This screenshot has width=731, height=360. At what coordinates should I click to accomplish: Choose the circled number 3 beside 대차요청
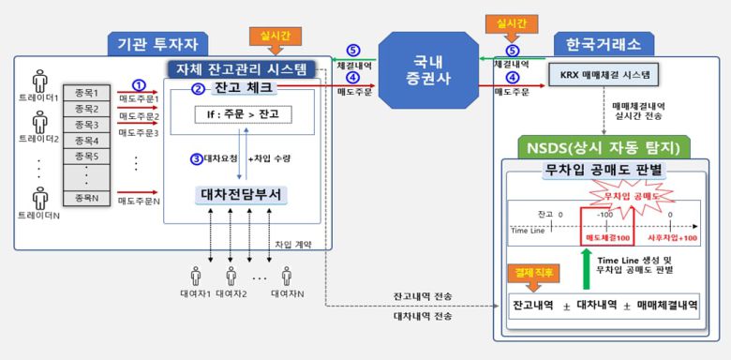point(196,159)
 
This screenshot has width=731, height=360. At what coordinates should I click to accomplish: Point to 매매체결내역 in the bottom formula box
point(664,306)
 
